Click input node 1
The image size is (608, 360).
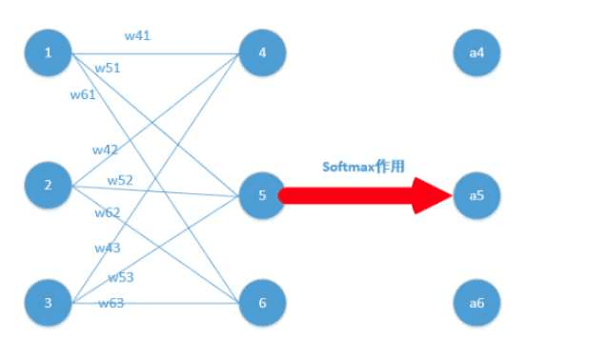[x=48, y=52]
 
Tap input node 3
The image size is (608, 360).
[x=48, y=304]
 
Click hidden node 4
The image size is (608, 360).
[x=262, y=52]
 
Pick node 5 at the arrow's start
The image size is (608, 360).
[x=262, y=195]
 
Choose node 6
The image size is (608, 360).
[x=262, y=304]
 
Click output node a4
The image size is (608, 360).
[x=476, y=52]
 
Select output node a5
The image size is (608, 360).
[x=476, y=195]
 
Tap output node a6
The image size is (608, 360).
[x=476, y=304]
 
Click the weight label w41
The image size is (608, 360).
[x=138, y=36]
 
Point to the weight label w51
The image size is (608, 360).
[x=108, y=68]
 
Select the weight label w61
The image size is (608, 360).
[x=83, y=94]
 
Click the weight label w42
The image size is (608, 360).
[x=105, y=150]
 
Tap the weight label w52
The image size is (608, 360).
[x=120, y=180]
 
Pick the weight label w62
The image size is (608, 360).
[x=107, y=212]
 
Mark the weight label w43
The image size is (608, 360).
[x=107, y=248]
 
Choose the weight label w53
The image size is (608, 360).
[x=120, y=277]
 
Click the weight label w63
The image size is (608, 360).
[x=111, y=303]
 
